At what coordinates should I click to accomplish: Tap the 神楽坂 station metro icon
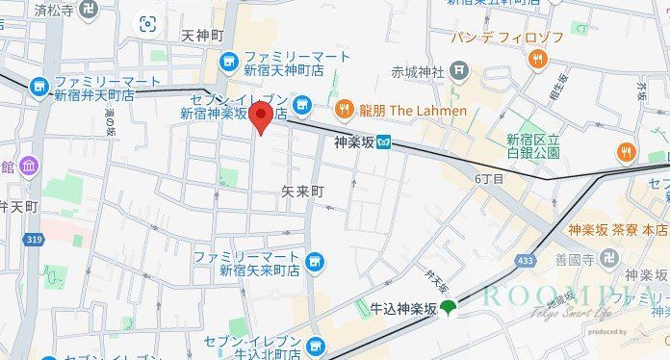pos(383,141)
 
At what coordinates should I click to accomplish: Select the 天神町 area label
pos(202,36)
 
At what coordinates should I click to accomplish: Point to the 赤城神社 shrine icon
pos(459,70)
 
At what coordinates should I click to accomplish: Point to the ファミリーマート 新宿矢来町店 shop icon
pos(314,261)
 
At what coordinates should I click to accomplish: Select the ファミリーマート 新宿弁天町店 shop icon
pos(39,87)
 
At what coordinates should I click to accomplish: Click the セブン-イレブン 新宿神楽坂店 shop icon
pos(302,104)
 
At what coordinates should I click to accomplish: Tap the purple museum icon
pos(28,167)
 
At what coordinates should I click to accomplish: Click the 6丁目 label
pos(489,179)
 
